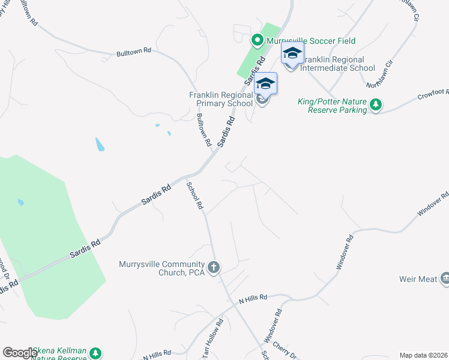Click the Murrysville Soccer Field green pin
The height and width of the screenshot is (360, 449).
coord(257,41)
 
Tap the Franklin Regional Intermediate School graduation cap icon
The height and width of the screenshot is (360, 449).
coord(292,53)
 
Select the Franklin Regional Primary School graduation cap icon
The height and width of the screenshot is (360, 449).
coord(265,83)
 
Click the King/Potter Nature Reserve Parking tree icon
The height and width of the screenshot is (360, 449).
coord(376,106)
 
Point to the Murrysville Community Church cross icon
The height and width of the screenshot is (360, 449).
coord(214,267)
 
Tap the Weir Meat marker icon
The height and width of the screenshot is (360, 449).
coord(445,278)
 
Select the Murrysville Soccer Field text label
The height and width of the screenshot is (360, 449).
coord(311,41)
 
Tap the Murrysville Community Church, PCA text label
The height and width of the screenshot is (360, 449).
coord(162,268)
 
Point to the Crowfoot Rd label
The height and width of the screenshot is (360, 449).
coord(433,95)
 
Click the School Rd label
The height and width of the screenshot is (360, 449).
coord(194,195)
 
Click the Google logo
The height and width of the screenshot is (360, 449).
coord(19,353)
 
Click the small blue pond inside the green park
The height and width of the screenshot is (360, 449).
coord(20,202)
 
